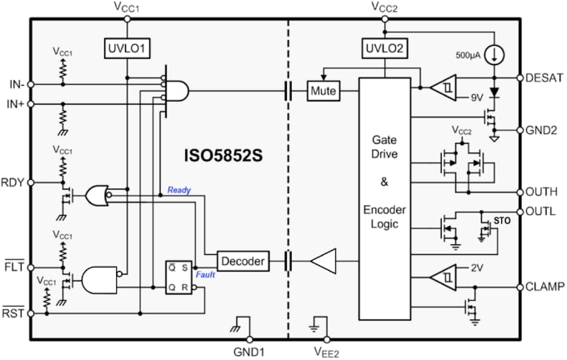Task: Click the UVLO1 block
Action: pos(127,47)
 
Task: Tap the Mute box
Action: pos(322,90)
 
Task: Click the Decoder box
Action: pos(242,262)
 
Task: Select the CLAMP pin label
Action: pos(545,287)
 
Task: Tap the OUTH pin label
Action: pos(543,191)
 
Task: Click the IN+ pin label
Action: pos(13,103)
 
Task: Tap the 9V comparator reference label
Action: pos(476,97)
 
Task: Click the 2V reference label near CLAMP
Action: pos(476,268)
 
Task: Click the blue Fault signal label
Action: pos(206,274)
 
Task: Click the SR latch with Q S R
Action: pos(182,277)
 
